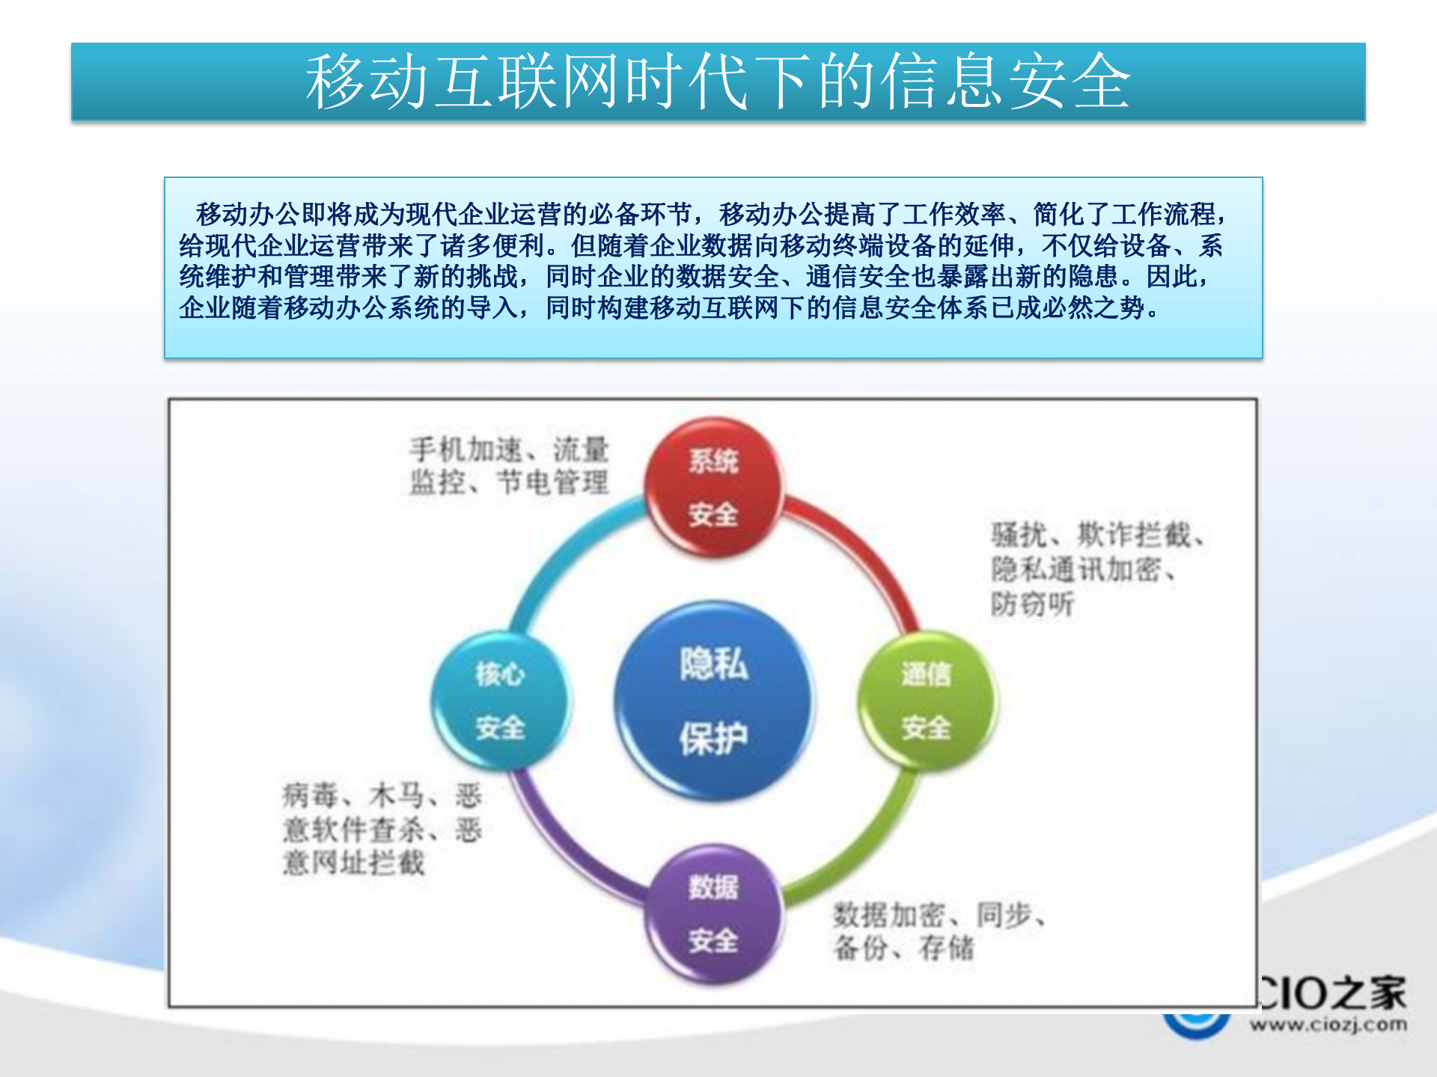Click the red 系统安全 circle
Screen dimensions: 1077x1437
coord(714,488)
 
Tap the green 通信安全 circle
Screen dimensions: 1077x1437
coord(926,701)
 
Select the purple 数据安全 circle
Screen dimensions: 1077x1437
coord(714,914)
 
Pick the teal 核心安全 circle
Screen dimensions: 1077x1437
coord(500,701)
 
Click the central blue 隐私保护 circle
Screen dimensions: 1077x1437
coord(714,701)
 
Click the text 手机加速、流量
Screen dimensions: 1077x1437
coord(509,450)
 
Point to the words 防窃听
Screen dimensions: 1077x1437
coord(1032,604)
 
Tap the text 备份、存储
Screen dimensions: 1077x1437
coord(903,948)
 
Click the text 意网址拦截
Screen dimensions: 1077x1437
coord(353,862)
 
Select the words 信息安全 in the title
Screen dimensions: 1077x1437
coord(1005,81)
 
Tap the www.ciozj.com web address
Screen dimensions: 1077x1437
coord(1328,1024)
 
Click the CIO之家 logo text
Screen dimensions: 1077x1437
coord(1332,993)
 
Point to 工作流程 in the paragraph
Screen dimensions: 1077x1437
coord(1164,215)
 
